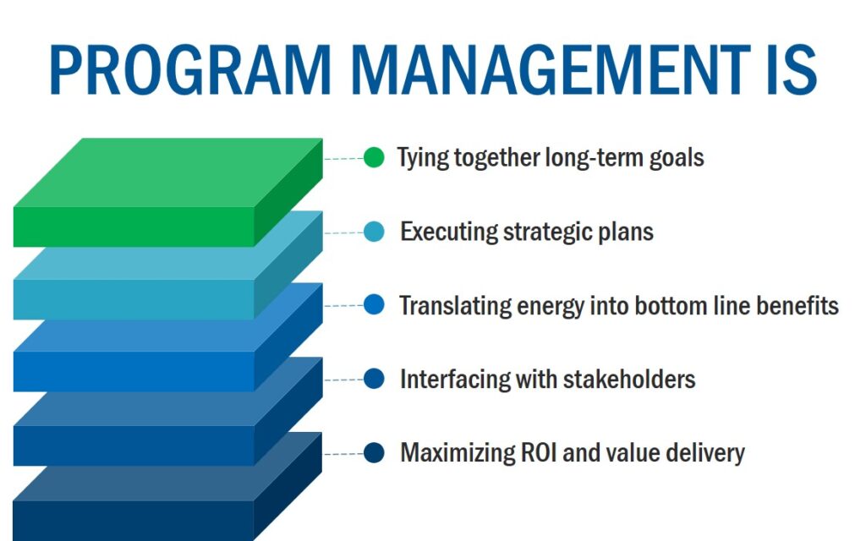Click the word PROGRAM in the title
coord(190,69)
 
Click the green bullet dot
coord(374,157)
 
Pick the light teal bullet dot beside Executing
coord(374,232)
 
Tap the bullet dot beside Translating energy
coord(374,304)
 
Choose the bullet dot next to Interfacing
coord(374,379)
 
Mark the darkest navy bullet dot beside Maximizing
coord(374,453)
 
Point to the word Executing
coord(448,232)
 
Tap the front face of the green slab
coord(134,227)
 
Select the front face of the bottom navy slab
coord(133,521)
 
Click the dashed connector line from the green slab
coord(343,158)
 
